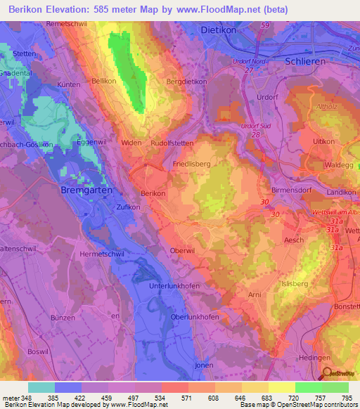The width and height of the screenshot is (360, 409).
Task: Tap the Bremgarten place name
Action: tap(86, 191)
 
